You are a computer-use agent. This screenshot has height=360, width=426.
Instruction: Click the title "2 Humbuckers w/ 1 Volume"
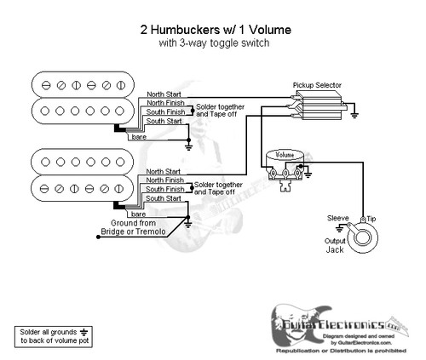point(214,28)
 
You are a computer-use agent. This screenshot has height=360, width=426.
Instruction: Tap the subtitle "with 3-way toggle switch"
point(214,43)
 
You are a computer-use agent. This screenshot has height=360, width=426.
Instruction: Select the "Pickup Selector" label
point(314,87)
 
